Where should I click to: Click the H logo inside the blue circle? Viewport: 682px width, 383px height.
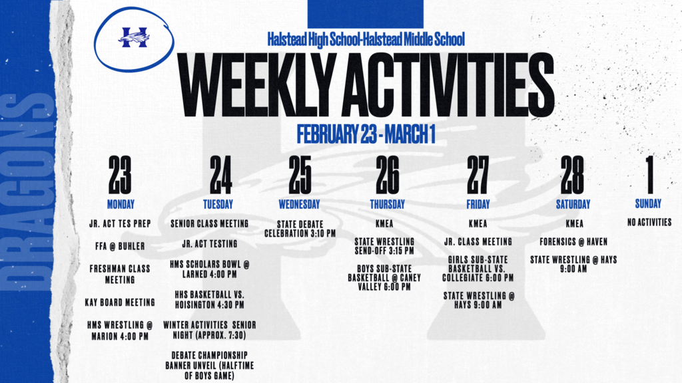(134, 37)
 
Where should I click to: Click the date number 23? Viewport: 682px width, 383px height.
(120, 175)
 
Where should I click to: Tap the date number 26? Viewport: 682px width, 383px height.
(387, 175)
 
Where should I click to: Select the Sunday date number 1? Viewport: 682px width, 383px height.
(650, 175)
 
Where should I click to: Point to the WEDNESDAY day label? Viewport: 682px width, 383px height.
(299, 204)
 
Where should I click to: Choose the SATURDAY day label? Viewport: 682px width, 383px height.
(573, 204)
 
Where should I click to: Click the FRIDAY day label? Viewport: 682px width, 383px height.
(478, 204)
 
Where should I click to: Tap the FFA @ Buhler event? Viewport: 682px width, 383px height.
(120, 246)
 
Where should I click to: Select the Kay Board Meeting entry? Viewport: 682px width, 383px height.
(120, 303)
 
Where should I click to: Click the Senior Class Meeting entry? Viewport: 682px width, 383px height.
(210, 223)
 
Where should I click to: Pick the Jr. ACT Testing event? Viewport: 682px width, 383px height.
(210, 244)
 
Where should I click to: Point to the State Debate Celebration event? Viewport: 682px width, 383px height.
(300, 229)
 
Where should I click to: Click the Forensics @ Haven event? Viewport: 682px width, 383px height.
(573, 242)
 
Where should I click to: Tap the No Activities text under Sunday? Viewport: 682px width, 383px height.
(649, 222)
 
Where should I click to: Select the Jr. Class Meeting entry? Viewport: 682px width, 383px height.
(478, 242)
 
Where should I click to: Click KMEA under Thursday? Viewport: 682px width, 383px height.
(384, 223)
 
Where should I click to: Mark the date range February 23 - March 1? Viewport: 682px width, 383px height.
(366, 134)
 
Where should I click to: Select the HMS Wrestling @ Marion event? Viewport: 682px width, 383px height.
(120, 330)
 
